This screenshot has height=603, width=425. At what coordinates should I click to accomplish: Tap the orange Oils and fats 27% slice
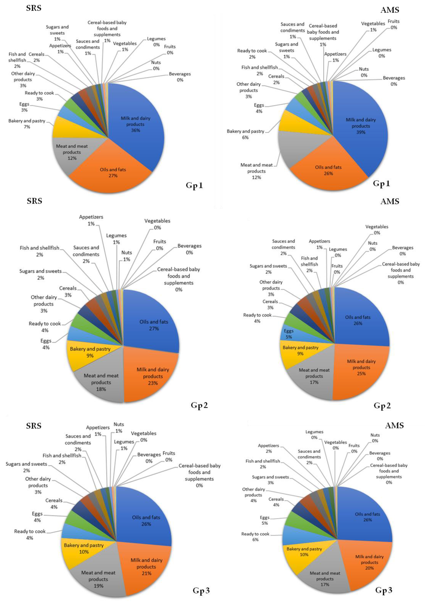pyautogui.click(x=113, y=173)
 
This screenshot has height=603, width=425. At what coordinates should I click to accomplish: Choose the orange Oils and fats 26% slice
pyautogui.click(x=328, y=170)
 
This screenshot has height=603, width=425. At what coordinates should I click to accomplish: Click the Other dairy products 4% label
pyautogui.click(x=253, y=495)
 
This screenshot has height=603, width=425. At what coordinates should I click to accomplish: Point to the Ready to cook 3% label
pyautogui.click(x=39, y=96)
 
